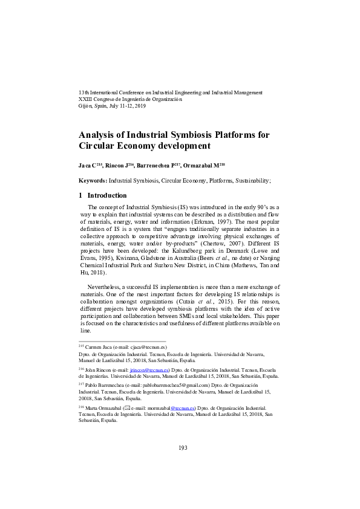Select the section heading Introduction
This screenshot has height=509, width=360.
pyautogui.click(x=107, y=195)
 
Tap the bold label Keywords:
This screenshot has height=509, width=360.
pyautogui.click(x=93, y=180)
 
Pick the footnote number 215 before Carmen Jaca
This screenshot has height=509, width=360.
pyautogui.click(x=82, y=347)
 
